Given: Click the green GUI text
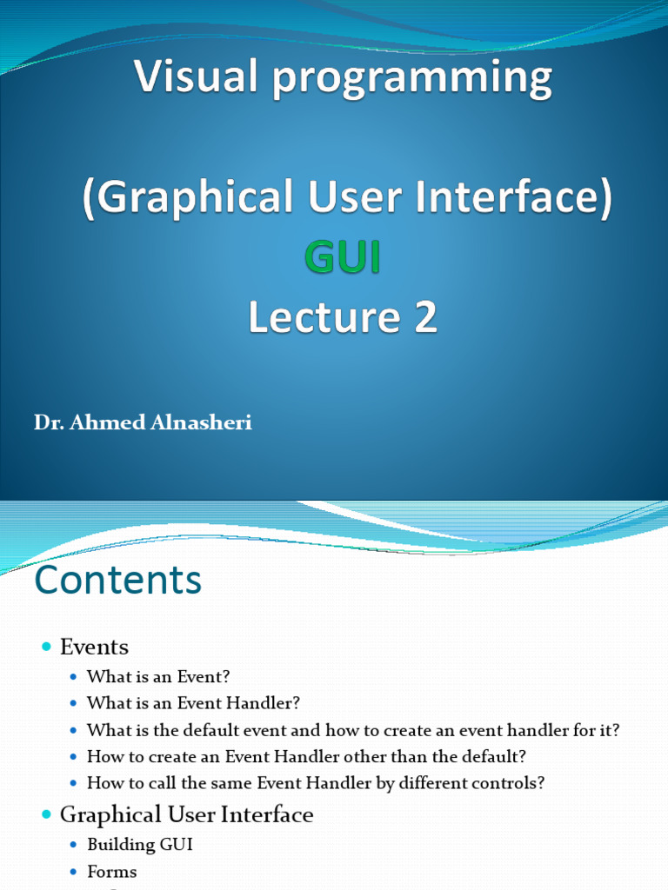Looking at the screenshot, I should click(x=342, y=258).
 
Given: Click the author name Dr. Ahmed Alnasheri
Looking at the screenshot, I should click(x=144, y=424).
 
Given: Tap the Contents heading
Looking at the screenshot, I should click(x=117, y=580).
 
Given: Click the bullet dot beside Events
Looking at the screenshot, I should click(x=47, y=647).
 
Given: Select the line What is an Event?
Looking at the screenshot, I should click(x=158, y=676).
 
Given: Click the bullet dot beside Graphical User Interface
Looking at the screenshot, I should click(x=47, y=814).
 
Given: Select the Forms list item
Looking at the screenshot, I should click(x=112, y=871).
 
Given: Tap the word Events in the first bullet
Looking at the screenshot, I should click(x=94, y=647).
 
